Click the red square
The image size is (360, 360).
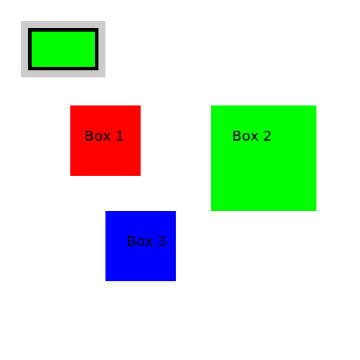(x=105, y=141)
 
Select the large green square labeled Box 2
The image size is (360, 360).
(x=264, y=158)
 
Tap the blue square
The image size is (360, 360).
(x=141, y=246)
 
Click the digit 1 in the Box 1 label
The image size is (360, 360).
(x=120, y=136)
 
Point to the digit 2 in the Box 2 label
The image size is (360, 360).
(x=267, y=136)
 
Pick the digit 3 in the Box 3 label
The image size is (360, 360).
(x=162, y=241)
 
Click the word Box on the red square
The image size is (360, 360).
(x=98, y=136)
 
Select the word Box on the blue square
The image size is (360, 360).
(x=140, y=241)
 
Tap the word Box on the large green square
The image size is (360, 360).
(x=245, y=136)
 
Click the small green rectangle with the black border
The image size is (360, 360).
(x=63, y=49)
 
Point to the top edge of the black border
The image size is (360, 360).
(x=63, y=30)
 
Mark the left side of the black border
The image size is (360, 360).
(x=30, y=49)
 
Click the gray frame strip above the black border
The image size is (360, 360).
(x=63, y=25)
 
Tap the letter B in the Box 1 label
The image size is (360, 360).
(x=89, y=136)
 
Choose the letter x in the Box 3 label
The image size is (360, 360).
(x=149, y=243)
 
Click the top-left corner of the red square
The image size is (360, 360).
(x=70, y=105)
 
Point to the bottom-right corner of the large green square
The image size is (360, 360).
(x=316, y=211)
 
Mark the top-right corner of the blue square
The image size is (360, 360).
(x=176, y=211)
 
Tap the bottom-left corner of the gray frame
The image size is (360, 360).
(x=21, y=77)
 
